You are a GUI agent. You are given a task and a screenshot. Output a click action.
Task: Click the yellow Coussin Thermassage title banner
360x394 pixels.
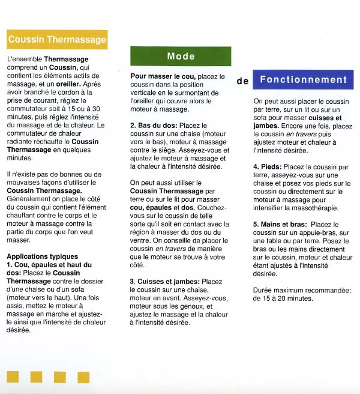(x=57, y=40)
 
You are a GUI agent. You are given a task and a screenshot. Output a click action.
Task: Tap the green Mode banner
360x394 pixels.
(x=181, y=56)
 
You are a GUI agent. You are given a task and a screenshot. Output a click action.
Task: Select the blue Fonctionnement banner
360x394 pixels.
(x=303, y=79)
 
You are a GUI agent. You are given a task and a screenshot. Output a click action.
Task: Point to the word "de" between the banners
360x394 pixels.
(x=242, y=81)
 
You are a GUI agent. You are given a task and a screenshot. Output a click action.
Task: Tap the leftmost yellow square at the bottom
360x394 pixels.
(x=13, y=377)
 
